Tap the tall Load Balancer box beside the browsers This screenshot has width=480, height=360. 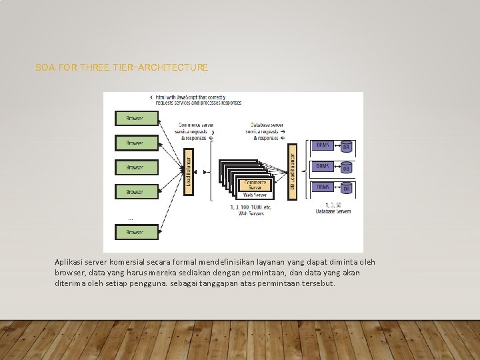189,171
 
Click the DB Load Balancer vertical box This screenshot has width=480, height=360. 292,171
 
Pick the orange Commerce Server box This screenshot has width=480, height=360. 255,185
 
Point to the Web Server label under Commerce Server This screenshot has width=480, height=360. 255,195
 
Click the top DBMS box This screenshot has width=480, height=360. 323,145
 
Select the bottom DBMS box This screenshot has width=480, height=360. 323,187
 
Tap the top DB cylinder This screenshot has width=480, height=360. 346,147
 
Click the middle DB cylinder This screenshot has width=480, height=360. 346,168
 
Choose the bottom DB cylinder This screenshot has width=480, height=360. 346,189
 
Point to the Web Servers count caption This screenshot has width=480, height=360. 251,210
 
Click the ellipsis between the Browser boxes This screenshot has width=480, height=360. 130,218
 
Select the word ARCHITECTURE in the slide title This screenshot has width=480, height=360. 175,67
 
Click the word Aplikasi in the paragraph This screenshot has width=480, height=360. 69,262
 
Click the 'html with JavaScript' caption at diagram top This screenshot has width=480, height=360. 198,99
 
